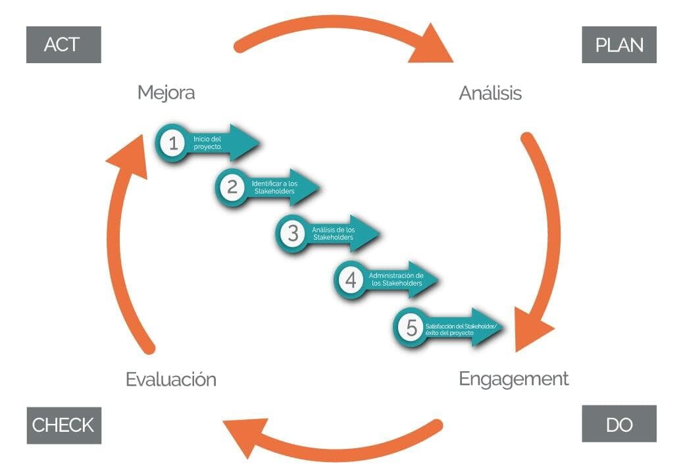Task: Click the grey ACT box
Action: pos(63,45)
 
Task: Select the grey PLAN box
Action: pos(619,45)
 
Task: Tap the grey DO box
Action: pos(619,424)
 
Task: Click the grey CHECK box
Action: pos(63,425)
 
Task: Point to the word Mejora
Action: pos(166,93)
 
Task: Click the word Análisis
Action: pos(490,93)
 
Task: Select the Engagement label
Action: pos(513,379)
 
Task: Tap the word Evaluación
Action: pos(170,380)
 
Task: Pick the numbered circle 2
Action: pos(232,187)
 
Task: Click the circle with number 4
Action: pos(351,280)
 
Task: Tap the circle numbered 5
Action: pos(411,327)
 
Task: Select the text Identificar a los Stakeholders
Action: pos(274,187)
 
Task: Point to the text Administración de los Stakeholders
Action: pos(395,279)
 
